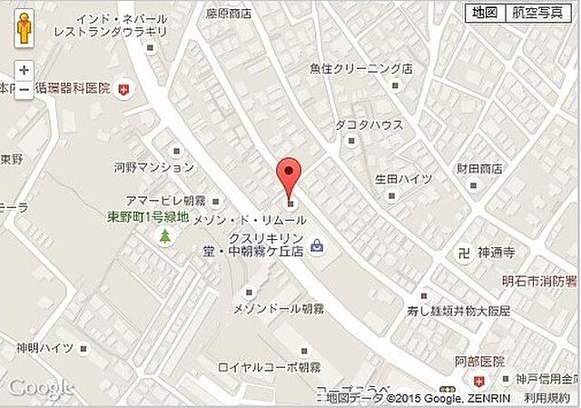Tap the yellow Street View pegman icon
[x=24, y=31]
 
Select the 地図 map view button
[x=483, y=12]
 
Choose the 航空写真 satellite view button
[x=537, y=12]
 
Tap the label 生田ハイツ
[x=402, y=178]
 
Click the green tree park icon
[x=165, y=237]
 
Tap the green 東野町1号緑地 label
[x=148, y=217]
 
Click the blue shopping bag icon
[x=316, y=244]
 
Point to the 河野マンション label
[x=153, y=167]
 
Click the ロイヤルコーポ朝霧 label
[x=270, y=368]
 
